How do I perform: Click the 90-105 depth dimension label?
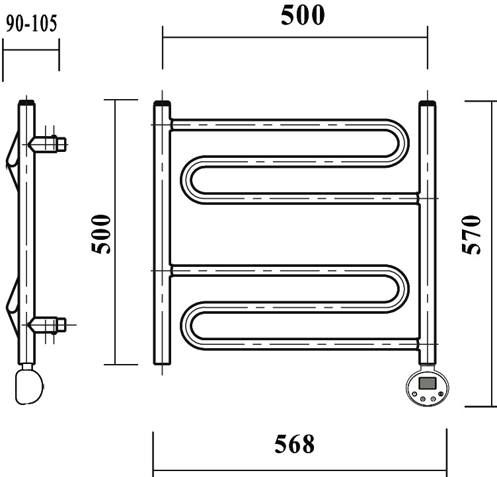[x=31, y=24]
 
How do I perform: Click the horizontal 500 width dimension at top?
[x=303, y=15]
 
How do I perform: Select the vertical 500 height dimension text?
[x=101, y=234]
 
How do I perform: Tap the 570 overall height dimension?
[x=471, y=235]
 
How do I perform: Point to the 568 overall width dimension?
[x=295, y=444]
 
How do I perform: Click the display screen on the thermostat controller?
[x=427, y=383]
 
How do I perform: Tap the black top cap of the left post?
[x=162, y=104]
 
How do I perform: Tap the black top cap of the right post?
[x=427, y=104]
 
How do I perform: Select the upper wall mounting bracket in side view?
[x=47, y=144]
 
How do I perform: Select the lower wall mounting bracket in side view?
[x=47, y=325]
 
